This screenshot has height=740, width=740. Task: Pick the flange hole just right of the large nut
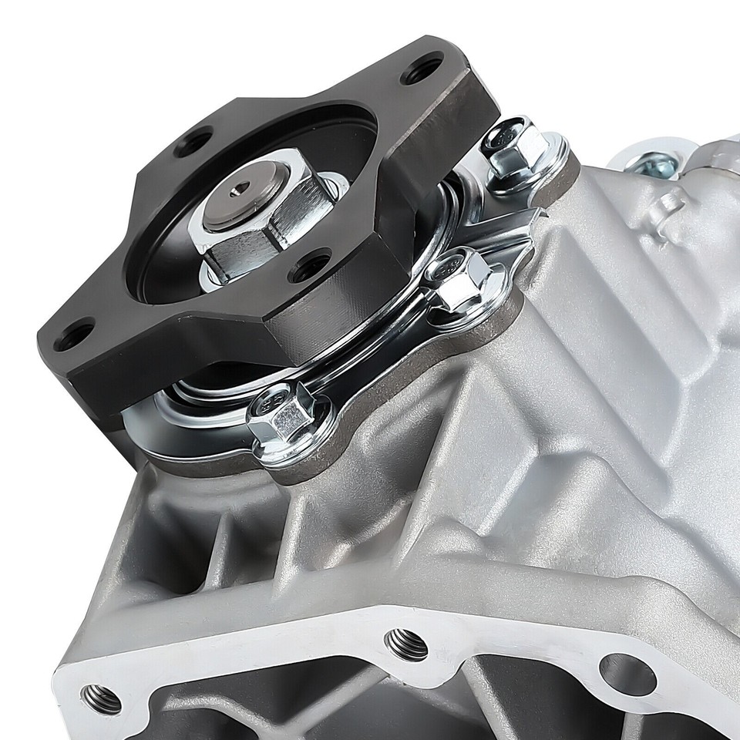[310, 267]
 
